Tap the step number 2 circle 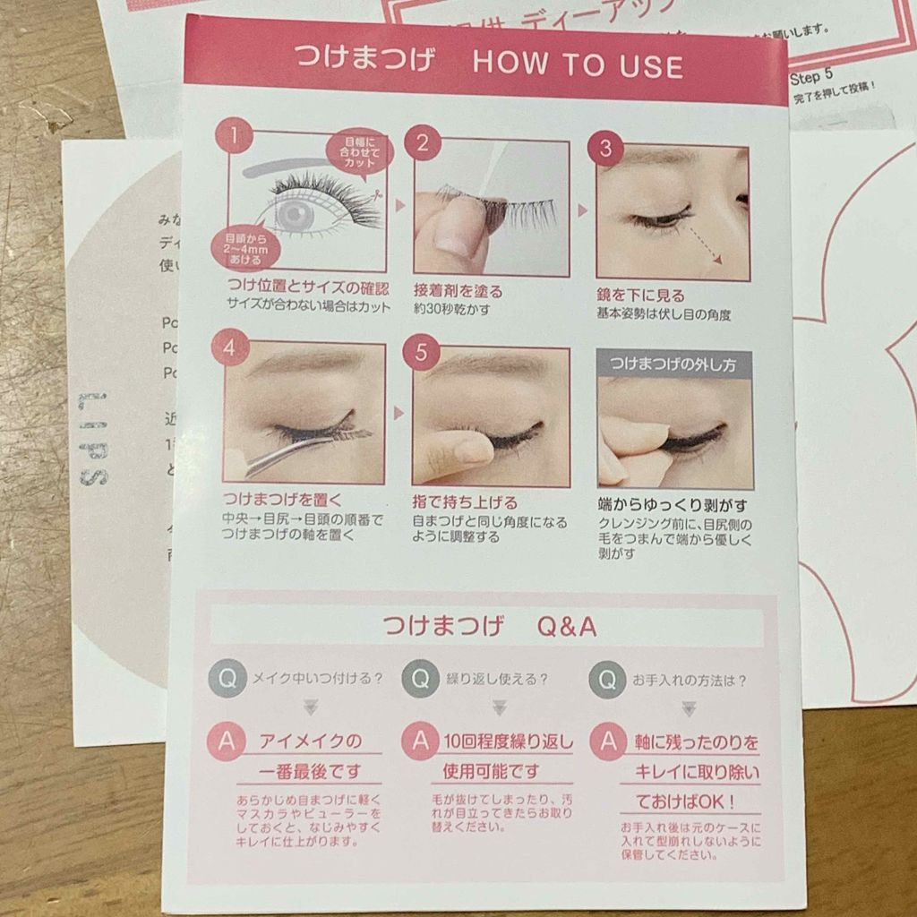click(423, 142)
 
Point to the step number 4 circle click(230, 347)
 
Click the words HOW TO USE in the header click(577, 65)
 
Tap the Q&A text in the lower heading click(566, 626)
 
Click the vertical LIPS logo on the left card click(93, 440)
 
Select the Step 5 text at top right click(812, 78)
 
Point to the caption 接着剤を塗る click(458, 292)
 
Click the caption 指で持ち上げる click(465, 502)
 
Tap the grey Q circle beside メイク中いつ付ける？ click(227, 678)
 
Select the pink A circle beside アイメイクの click(226, 741)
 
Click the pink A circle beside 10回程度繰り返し click(419, 741)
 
